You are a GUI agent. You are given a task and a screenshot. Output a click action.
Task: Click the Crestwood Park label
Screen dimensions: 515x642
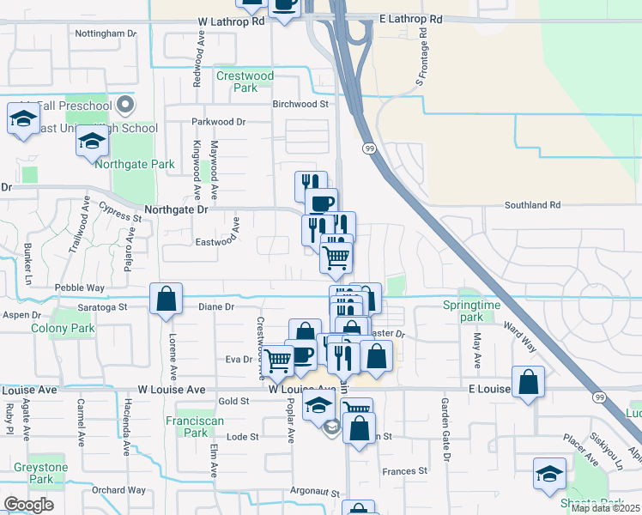tap(245, 82)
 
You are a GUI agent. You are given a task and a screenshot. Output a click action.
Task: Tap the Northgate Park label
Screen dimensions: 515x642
tap(135, 164)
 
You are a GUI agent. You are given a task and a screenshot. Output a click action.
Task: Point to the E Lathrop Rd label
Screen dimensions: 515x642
tap(411, 18)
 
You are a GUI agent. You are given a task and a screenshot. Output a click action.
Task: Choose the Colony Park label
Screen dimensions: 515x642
tap(63, 328)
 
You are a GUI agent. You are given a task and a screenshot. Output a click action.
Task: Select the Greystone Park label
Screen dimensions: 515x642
tap(40, 473)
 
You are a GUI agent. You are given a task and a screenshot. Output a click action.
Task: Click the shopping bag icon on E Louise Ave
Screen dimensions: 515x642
tap(528, 382)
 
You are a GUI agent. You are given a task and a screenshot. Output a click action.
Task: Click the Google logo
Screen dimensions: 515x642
tap(28, 504)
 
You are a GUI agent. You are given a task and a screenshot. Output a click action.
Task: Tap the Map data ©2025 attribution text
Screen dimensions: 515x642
tap(605, 508)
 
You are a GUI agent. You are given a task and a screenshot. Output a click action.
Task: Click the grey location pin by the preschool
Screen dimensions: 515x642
tap(126, 106)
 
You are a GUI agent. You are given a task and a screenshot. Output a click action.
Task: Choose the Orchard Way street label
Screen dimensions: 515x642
tap(119, 490)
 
